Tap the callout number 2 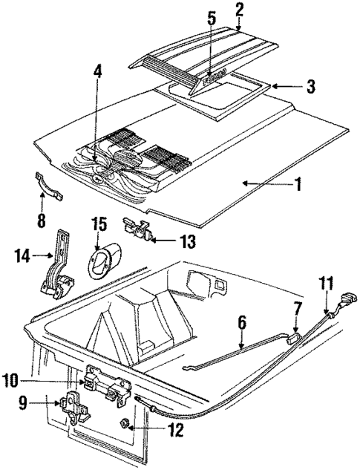pyautogui.click(x=239, y=10)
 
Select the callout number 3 pyautogui.click(x=310, y=86)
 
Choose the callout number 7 pyautogui.click(x=297, y=307)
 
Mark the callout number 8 pyautogui.click(x=41, y=220)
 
